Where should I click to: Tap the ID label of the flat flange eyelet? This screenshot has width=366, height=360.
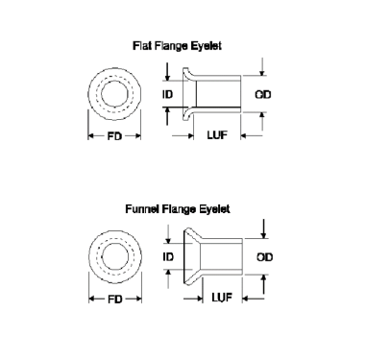(x=169, y=95)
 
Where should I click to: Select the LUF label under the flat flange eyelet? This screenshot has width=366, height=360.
(x=217, y=137)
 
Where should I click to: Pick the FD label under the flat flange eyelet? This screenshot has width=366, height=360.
(x=115, y=137)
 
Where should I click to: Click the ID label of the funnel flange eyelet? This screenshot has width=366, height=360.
(x=169, y=257)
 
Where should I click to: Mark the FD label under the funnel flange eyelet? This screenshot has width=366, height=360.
(x=115, y=300)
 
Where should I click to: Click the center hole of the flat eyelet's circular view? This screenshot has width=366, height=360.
(x=115, y=95)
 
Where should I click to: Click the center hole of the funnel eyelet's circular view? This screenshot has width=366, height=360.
(x=115, y=257)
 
